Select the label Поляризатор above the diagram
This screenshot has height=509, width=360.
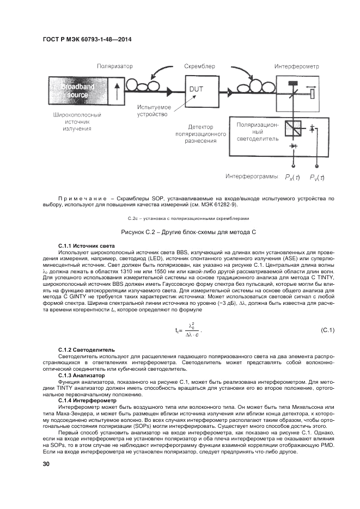115,66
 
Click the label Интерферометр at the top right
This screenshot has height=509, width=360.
296,66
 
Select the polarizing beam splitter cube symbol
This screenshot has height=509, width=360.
294,127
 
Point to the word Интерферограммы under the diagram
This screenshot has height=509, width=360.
252,177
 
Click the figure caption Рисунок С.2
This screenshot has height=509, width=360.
181,232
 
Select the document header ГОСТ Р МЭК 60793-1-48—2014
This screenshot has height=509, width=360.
87,39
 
